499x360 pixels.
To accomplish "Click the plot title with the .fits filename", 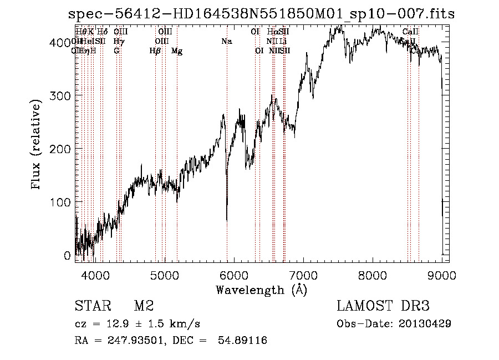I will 261,14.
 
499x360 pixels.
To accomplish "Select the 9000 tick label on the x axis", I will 442,273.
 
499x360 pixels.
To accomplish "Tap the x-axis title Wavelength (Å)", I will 261,290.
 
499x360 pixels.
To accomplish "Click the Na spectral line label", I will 226,41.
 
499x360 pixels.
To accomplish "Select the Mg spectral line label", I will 177,51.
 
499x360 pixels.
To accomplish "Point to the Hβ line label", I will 155,51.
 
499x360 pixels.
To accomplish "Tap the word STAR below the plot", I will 91,306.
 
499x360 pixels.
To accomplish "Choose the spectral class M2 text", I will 144,306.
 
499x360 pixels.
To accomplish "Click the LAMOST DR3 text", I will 383,306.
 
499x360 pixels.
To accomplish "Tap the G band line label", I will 116,51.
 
